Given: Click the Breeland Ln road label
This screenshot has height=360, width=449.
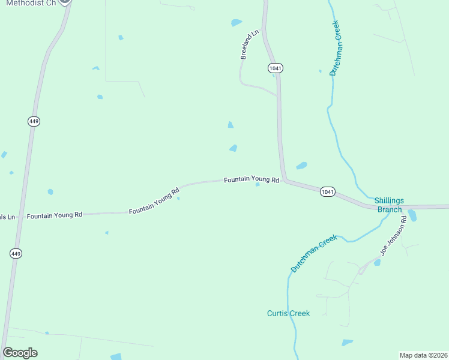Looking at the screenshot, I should point(249,44).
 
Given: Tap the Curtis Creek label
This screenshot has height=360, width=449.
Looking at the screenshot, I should point(288,313).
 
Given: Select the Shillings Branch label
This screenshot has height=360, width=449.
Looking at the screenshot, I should point(389,205).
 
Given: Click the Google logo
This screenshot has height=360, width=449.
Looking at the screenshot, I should point(20,353).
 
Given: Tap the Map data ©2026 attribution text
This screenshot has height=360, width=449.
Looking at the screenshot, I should point(423,355).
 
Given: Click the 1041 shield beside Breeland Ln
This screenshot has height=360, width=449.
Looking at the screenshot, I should point(276,68).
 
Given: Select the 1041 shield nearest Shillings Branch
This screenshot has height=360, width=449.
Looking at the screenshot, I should point(327,192).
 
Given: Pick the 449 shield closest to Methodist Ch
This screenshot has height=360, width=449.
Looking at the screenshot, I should point(34,122).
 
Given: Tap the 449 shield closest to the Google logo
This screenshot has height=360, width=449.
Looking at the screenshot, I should point(16,254).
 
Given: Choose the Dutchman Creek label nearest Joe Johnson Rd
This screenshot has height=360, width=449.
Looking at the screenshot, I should point(314,254).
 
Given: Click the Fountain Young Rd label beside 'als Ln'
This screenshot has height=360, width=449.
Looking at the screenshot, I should point(54,215).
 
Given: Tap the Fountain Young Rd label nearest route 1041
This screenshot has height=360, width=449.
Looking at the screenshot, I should point(252,179).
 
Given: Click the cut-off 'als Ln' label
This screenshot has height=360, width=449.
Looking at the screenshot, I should point(7,217).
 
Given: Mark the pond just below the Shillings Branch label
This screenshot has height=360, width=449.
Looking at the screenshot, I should point(412,216).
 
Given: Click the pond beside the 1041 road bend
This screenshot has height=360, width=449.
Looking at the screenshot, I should point(301,166).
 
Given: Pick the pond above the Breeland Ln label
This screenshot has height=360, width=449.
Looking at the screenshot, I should point(237,23).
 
